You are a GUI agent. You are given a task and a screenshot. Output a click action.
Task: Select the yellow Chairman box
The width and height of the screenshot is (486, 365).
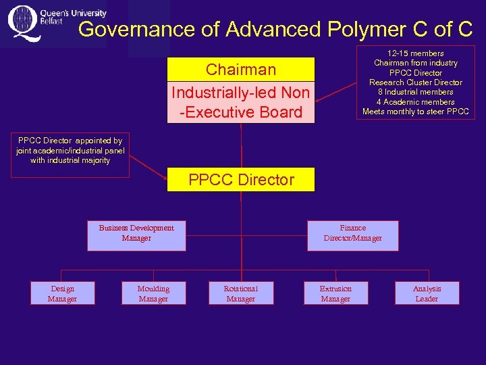(x=241, y=70)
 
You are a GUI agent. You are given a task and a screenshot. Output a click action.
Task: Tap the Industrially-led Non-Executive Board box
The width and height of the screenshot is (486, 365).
(x=241, y=102)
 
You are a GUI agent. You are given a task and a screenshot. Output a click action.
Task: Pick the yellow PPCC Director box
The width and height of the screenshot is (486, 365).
(x=241, y=180)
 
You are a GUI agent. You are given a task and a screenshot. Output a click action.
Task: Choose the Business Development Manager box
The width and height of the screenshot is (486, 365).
(x=136, y=233)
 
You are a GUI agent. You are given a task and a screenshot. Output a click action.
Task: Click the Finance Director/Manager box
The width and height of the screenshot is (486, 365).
(x=352, y=233)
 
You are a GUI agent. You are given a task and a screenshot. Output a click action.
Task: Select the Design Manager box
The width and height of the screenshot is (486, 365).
(x=62, y=293)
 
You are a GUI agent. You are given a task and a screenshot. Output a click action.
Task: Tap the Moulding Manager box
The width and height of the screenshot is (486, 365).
(x=153, y=293)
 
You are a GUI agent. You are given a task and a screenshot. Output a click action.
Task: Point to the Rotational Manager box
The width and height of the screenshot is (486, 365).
(x=241, y=293)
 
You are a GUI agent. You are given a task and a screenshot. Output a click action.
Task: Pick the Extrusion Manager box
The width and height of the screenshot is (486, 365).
(x=335, y=293)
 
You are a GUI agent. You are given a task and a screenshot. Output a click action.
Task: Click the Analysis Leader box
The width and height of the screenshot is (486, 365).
(x=427, y=293)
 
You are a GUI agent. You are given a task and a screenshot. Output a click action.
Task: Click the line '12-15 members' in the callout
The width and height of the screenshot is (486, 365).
(x=415, y=53)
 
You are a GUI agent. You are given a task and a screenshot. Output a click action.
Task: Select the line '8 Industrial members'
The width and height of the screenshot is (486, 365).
(x=415, y=92)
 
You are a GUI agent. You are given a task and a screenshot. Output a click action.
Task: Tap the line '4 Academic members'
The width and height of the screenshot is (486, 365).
(x=415, y=102)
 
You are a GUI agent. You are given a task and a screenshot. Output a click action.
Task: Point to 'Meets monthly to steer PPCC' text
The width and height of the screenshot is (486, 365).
(x=415, y=112)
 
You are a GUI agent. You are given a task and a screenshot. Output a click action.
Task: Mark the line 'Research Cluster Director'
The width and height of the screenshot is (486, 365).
(x=415, y=82)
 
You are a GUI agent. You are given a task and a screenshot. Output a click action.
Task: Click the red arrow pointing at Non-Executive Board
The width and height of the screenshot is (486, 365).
(x=335, y=95)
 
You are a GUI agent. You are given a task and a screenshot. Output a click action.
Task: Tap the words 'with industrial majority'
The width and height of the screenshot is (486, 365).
(x=70, y=161)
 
